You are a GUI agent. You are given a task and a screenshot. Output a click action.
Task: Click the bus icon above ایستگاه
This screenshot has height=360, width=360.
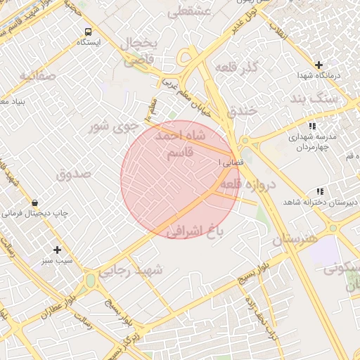click(x=88, y=32)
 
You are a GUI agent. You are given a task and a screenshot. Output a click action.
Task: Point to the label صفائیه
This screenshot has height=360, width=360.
click(x=37, y=75)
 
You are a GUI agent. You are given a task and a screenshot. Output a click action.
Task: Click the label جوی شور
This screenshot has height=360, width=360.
click(x=110, y=127)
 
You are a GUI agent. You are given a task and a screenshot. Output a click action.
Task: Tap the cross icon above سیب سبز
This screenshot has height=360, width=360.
click(x=57, y=249)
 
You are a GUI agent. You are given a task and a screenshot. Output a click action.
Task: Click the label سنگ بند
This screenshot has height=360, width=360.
click(x=337, y=99)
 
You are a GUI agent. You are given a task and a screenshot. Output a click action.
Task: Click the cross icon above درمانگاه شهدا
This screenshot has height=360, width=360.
click(x=319, y=64)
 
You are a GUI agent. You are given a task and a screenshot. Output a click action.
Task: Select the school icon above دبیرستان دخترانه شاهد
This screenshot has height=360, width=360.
click(x=320, y=191)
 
